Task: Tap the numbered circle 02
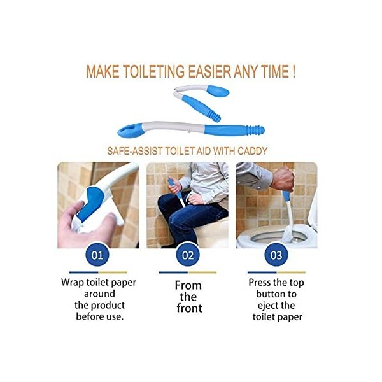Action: click(x=187, y=256)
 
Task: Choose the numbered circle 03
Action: click(x=276, y=256)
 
